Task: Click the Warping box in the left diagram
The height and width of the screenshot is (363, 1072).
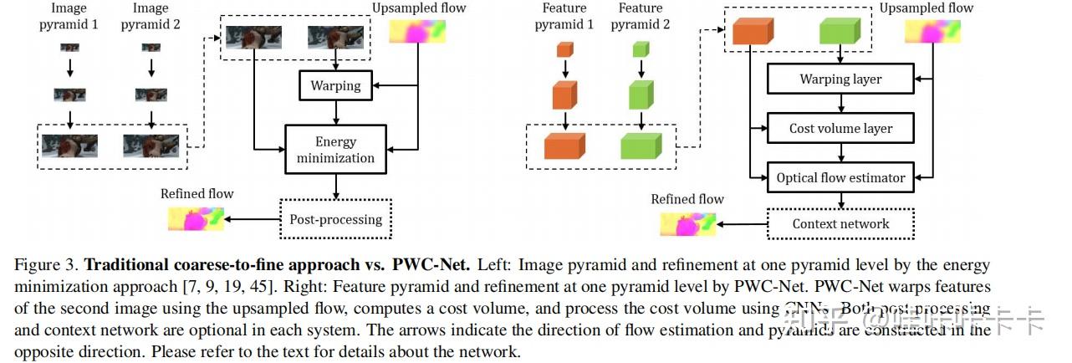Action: [335, 85]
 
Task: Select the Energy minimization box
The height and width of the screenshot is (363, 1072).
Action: [335, 150]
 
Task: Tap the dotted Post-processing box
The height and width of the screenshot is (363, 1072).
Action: [335, 220]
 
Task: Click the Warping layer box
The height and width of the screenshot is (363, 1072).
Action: [840, 79]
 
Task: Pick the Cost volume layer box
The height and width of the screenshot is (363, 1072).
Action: [840, 129]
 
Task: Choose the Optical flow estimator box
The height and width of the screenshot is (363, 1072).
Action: [840, 177]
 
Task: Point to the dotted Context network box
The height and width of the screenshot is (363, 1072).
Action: [840, 223]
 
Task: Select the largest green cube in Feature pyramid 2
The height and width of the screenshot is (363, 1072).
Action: [641, 146]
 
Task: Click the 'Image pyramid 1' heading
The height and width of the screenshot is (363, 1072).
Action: [69, 16]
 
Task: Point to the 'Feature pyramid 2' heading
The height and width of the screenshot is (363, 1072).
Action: [641, 16]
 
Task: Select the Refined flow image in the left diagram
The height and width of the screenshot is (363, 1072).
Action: [197, 220]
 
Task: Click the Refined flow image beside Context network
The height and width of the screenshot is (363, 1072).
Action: [688, 224]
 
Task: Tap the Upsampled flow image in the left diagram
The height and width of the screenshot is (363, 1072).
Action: [419, 32]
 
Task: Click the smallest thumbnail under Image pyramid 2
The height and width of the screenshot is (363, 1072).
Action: [151, 49]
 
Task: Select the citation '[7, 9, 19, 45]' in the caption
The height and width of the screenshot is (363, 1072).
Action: [233, 287]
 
